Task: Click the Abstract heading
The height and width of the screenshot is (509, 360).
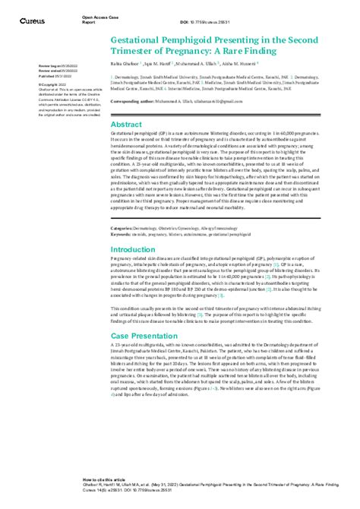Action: coord(125,124)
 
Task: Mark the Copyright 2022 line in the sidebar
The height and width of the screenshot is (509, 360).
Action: coord(52,85)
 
